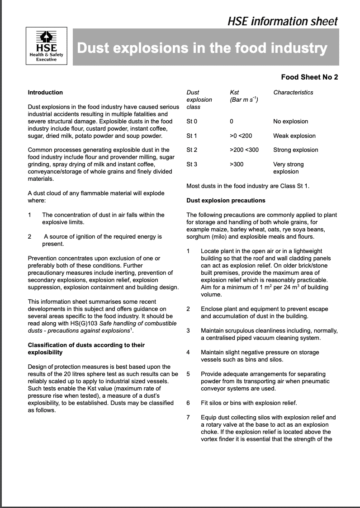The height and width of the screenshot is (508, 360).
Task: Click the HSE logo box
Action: [47, 47]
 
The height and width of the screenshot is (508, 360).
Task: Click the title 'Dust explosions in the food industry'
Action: [202, 48]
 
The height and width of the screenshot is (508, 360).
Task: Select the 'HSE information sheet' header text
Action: [283, 21]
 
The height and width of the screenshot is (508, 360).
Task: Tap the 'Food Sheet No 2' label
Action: [309, 77]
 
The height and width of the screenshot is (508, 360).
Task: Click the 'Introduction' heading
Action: [45, 93]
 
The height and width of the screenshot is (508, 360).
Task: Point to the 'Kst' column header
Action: [234, 93]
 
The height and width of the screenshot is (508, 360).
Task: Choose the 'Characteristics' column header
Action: [293, 93]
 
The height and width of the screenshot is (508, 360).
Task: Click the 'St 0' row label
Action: [192, 122]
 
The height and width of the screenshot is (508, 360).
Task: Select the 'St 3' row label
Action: [192, 165]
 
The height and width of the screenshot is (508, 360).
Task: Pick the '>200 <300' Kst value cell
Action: [244, 150]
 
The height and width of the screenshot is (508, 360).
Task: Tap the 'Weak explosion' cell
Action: [294, 136]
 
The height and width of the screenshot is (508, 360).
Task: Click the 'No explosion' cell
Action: [290, 122]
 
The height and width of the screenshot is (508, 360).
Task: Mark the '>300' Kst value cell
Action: [237, 165]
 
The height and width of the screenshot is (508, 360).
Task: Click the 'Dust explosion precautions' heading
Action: [226, 200]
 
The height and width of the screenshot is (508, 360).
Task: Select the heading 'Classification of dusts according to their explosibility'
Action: [86, 348]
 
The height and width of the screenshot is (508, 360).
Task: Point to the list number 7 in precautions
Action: [188, 418]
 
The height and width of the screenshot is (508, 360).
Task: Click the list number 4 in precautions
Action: [188, 353]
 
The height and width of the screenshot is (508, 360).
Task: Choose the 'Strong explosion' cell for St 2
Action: [295, 150]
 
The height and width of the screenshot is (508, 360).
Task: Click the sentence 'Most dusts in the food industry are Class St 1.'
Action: [248, 186]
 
